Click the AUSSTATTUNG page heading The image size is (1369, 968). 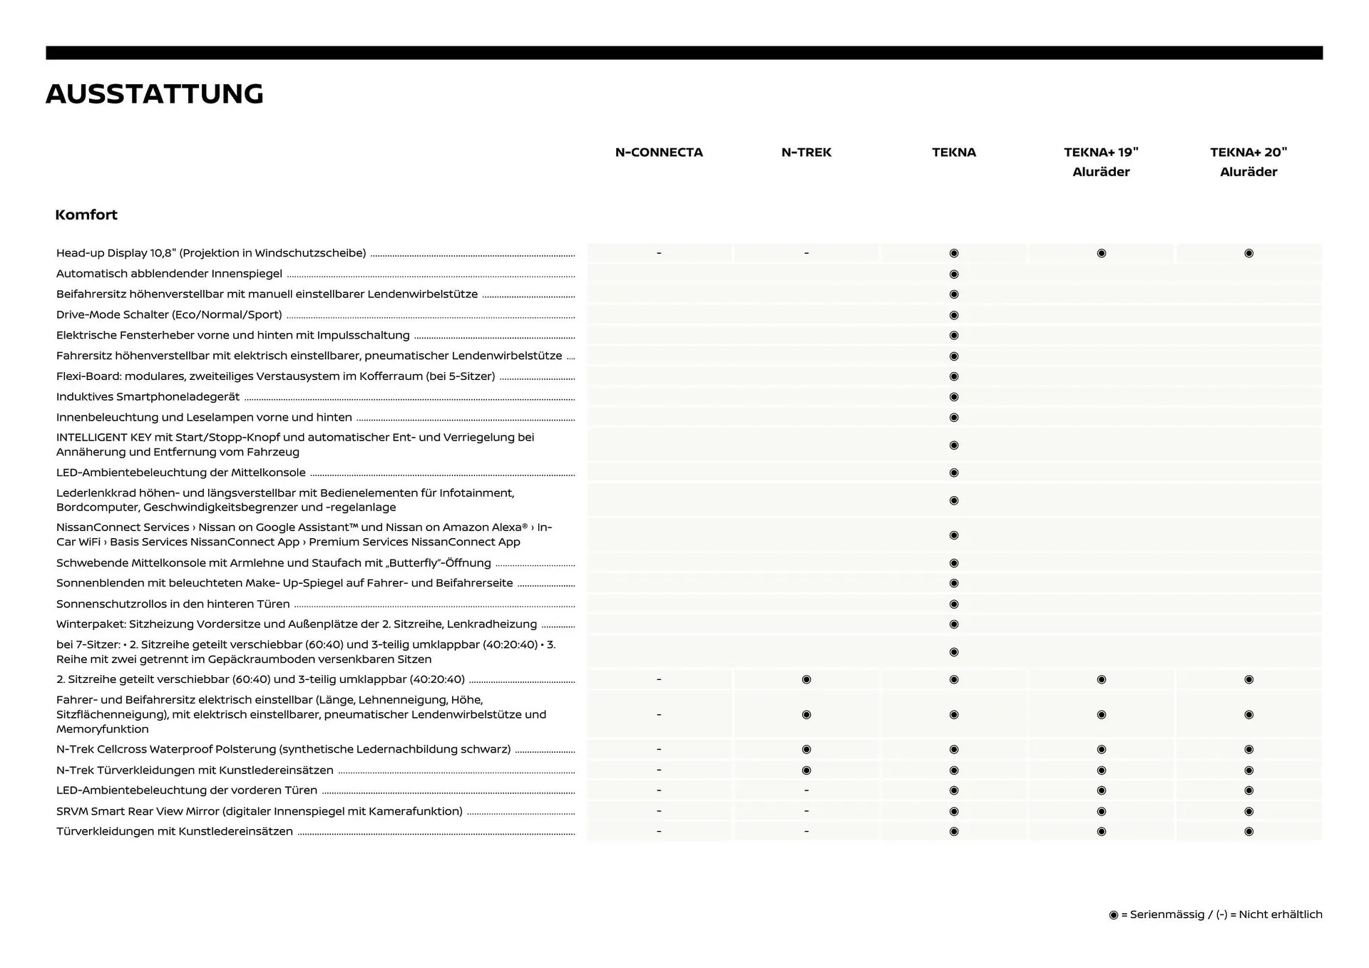(x=155, y=94)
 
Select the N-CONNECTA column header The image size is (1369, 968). (x=659, y=152)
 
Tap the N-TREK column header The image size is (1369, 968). (x=806, y=152)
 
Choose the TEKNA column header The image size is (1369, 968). (x=953, y=152)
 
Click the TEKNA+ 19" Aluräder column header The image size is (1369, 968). (x=1101, y=162)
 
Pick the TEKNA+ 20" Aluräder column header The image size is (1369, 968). (x=1248, y=162)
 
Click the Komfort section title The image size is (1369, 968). (x=86, y=215)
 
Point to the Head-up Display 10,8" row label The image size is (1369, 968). (x=211, y=253)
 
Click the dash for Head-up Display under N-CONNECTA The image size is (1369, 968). (x=659, y=253)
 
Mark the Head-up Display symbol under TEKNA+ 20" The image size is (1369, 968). (x=1248, y=253)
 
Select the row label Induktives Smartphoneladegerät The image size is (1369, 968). (x=148, y=397)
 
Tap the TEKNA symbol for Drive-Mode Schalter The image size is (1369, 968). (x=954, y=315)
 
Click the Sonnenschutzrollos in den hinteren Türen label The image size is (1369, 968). (x=173, y=604)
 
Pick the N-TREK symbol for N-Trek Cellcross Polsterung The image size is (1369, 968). (x=806, y=749)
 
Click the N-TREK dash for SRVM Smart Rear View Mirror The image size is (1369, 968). (x=806, y=811)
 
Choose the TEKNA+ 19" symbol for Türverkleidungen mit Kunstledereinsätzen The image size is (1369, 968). (x=1102, y=831)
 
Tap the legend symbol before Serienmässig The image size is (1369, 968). (x=1114, y=915)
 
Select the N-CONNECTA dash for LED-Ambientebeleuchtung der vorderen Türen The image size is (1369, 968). (x=659, y=791)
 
